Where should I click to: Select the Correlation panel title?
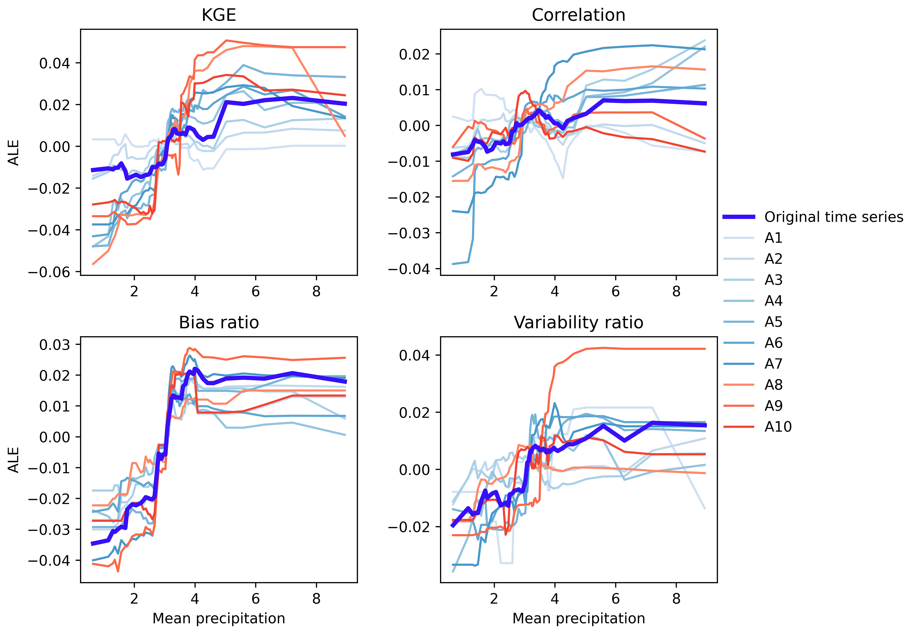pyautogui.click(x=578, y=15)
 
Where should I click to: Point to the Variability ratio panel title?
pyautogui.click(x=578, y=323)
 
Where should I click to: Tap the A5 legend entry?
pyautogui.click(x=773, y=322)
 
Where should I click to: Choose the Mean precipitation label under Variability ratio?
pyautogui.click(x=578, y=619)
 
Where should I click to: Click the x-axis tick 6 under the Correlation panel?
pyautogui.click(x=615, y=292)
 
